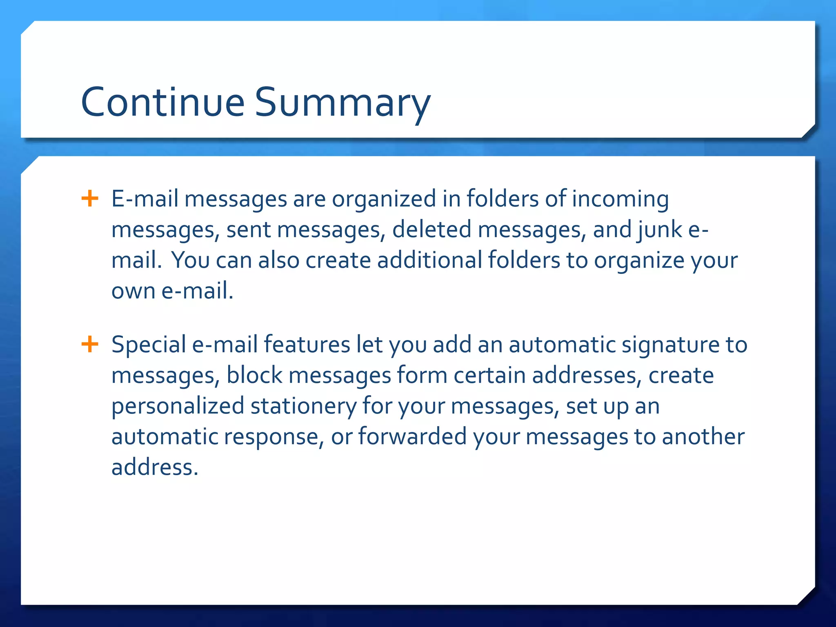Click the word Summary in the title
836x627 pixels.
pos(343,103)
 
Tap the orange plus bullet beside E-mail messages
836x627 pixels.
pos(90,199)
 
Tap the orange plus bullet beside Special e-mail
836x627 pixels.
pos(90,344)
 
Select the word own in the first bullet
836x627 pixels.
pos(133,291)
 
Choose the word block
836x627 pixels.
pos(254,375)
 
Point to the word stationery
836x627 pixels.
pos(304,407)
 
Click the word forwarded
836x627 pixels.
pos(413,436)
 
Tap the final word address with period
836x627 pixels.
pos(155,467)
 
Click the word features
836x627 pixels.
pos(307,345)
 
